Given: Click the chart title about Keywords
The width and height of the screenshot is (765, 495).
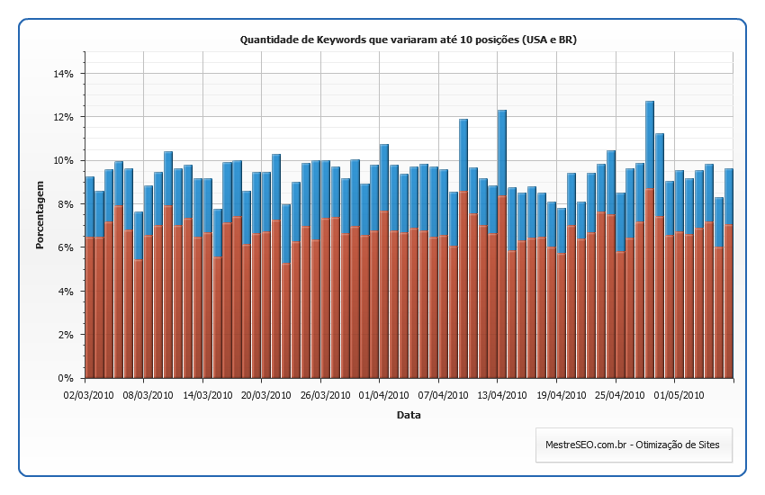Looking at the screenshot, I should tap(408, 40).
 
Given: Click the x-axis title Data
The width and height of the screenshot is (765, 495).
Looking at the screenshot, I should tap(409, 415).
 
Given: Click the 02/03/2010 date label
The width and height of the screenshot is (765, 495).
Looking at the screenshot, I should tap(87, 393).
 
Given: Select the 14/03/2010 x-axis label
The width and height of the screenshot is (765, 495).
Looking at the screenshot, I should tap(205, 393).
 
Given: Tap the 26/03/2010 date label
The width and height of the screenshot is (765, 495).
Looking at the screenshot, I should tap(323, 393).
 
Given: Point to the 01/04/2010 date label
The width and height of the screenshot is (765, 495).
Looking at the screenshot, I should tap(382, 393).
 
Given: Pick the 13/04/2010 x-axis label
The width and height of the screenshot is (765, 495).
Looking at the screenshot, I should tap(500, 393).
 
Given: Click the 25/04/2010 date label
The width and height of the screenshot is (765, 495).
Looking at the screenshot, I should tap(618, 393).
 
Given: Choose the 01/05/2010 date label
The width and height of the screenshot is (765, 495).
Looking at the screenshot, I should tap(678, 393).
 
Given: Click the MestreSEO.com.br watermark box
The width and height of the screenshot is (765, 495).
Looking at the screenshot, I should tap(634, 445).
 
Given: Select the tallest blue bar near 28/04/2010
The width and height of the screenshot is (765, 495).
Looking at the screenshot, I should tap(650, 144).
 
